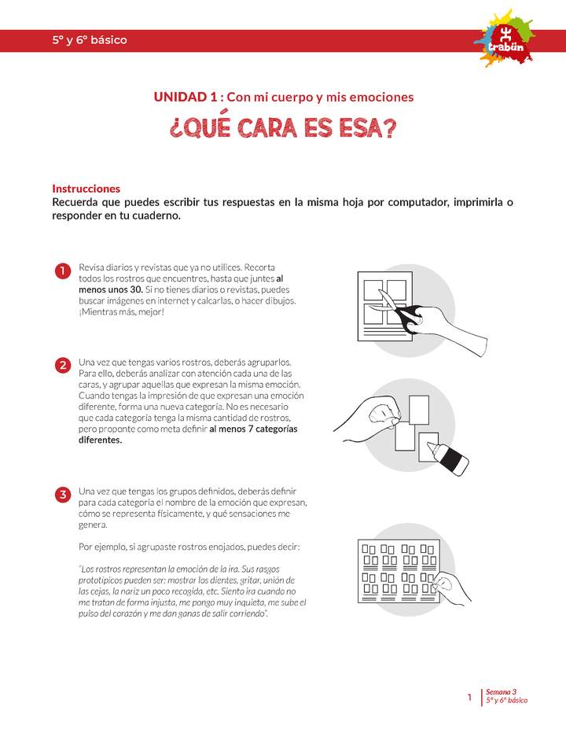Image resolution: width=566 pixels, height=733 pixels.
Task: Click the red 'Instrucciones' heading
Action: pos(86,189)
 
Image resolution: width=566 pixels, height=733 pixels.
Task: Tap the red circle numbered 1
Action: pos(62,272)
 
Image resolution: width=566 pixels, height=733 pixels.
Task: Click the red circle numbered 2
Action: pos(62,366)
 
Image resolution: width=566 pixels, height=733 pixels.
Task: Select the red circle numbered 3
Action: pos(62,495)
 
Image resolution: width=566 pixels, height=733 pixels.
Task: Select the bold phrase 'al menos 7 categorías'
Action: pos(253,429)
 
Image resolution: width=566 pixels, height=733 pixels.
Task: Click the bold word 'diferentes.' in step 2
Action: pos(101,440)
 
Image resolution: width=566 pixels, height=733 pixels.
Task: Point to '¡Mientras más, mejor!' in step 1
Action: pos(122,311)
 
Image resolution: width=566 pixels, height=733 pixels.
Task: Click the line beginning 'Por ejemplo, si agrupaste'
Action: pos(189,547)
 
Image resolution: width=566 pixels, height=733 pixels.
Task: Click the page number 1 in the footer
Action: pos(469,697)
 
